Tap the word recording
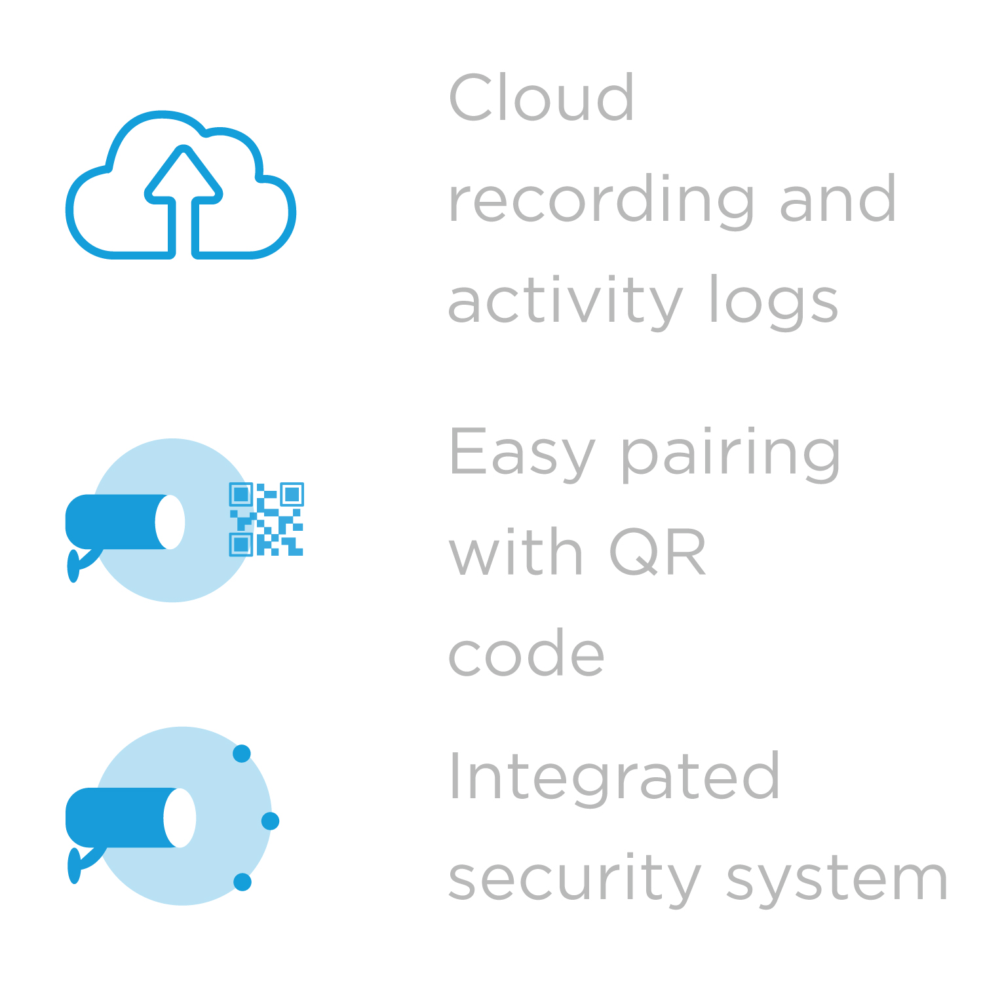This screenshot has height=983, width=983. pyautogui.click(x=601, y=201)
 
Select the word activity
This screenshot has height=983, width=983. pyautogui.click(x=565, y=301)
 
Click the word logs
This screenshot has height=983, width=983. pyautogui.click(x=774, y=301)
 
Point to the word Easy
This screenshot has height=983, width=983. pyautogui.click(x=521, y=453)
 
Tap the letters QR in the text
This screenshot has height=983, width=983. pyautogui.click(x=657, y=552)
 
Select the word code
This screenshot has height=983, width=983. pyautogui.click(x=526, y=653)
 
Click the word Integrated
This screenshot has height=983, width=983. pyautogui.click(x=614, y=777)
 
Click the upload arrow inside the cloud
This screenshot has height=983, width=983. pyautogui.click(x=183, y=197)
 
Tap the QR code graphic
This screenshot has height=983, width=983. pyautogui.click(x=266, y=520)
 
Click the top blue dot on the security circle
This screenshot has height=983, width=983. pyautogui.click(x=242, y=754)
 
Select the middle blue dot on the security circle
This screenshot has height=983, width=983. pyautogui.click(x=270, y=820)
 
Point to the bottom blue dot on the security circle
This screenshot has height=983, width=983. pyautogui.click(x=242, y=882)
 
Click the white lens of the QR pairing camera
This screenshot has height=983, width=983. pyautogui.click(x=170, y=522)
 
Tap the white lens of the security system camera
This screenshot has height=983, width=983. pyautogui.click(x=180, y=818)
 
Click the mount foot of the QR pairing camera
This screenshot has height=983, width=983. pyautogui.click(x=73, y=566)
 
